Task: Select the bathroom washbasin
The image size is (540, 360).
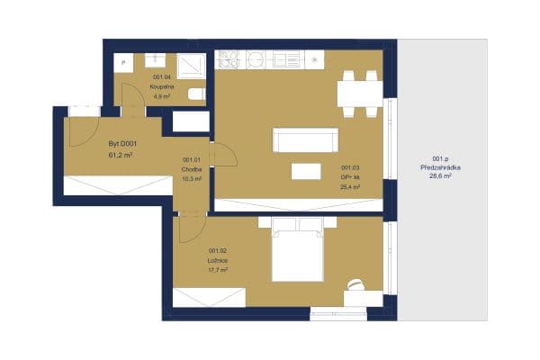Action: [155, 60]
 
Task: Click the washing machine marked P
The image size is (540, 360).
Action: [126, 62]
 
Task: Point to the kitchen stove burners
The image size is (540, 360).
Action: [226, 59]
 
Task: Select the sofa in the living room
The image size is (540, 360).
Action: [305, 140]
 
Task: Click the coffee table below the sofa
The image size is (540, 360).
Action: [304, 170]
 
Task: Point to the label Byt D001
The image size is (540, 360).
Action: [121, 145]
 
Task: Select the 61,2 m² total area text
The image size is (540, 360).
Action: [121, 155]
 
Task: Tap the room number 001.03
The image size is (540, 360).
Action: [349, 168]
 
